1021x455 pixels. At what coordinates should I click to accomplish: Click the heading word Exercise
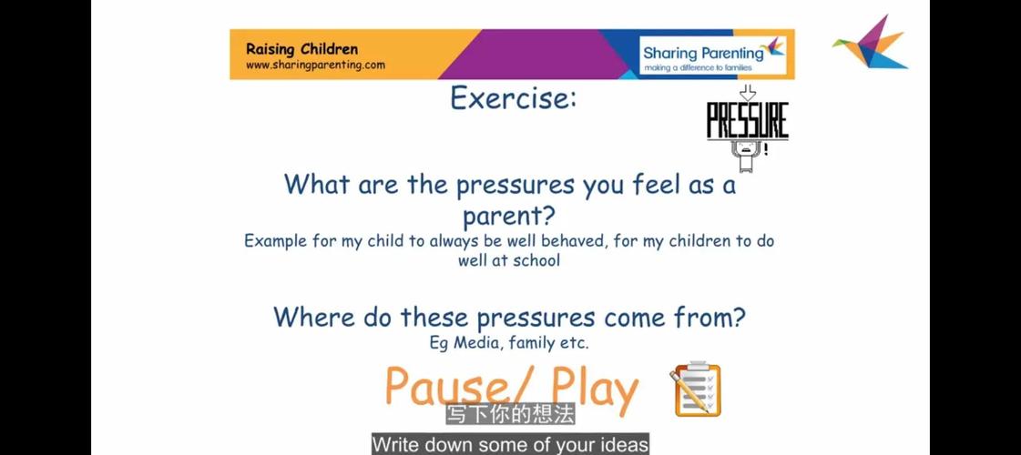click(513, 98)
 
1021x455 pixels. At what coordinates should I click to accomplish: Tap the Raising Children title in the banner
click(302, 49)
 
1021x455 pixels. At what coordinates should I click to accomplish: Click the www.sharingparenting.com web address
click(315, 66)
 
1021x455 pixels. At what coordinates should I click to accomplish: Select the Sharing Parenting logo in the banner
click(713, 55)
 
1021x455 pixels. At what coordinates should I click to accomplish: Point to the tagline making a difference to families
click(698, 67)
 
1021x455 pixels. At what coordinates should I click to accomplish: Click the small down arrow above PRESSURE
click(748, 93)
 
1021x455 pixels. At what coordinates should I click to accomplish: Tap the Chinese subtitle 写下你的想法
click(510, 415)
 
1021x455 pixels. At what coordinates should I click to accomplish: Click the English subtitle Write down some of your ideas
click(510, 445)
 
